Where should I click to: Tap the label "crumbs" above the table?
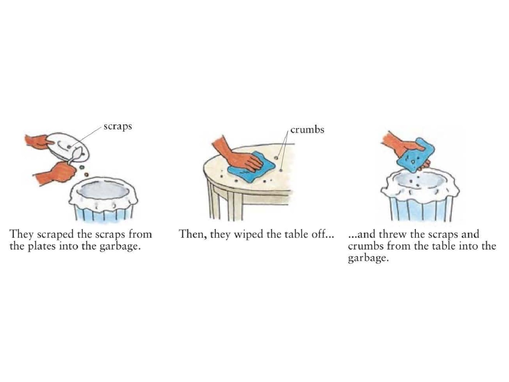tap(307, 130)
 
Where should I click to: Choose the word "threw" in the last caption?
tap(392, 234)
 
